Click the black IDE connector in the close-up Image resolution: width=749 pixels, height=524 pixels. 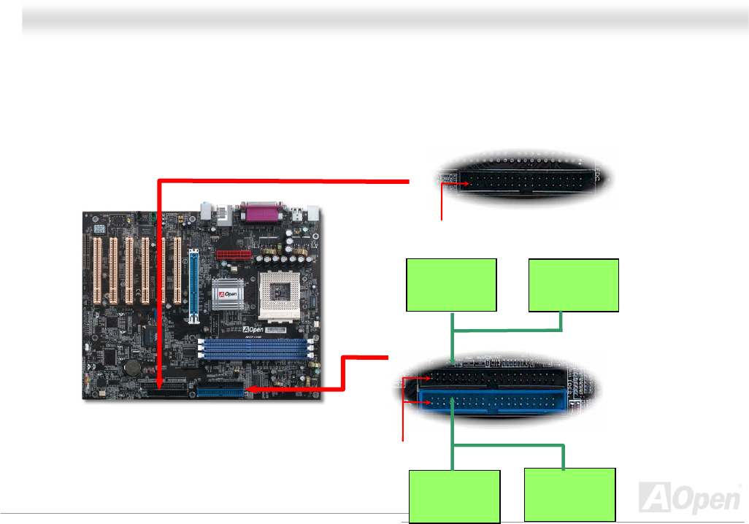point(496,377)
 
